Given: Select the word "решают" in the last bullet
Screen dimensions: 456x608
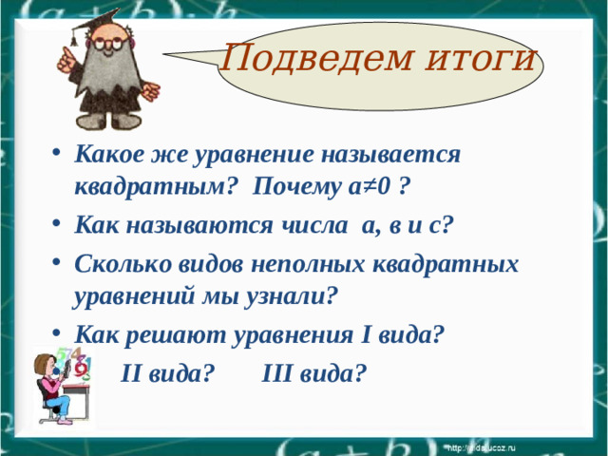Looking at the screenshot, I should (176, 335).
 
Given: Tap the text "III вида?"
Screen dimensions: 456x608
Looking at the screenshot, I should (313, 372).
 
